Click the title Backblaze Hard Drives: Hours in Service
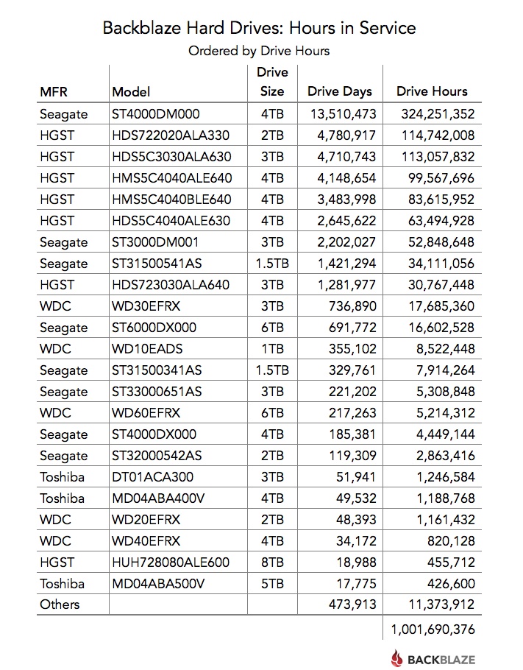tap(259, 28)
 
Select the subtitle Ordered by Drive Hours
tap(259, 51)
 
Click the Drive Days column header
tap(339, 91)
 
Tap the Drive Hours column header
tap(432, 91)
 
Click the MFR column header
tap(56, 92)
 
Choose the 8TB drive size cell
tap(271, 563)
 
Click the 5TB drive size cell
tap(271, 584)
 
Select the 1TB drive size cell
tap(271, 349)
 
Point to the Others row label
tap(60, 605)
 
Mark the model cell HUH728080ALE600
tap(170, 563)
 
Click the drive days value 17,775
tap(356, 584)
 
